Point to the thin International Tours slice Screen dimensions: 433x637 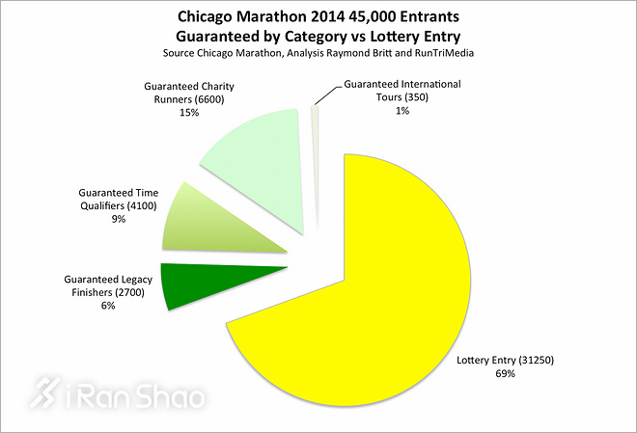point(315,164)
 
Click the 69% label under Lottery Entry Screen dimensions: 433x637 point(506,374)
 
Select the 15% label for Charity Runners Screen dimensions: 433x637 point(188,113)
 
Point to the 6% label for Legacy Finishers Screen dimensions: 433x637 point(106,307)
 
